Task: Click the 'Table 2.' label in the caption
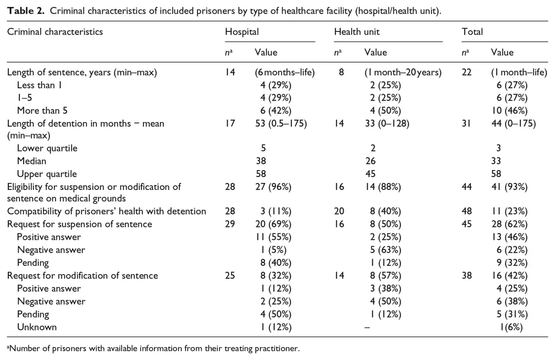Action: (26, 11)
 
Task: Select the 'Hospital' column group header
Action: (242, 32)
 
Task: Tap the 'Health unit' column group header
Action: (357, 32)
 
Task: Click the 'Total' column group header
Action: (472, 32)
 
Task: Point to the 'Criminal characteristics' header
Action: (55, 32)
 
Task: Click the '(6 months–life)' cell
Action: (285, 72)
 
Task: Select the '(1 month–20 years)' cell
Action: (403, 72)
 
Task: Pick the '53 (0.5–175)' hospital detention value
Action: (281, 123)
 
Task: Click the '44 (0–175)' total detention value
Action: (514, 123)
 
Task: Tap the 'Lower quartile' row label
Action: (47, 148)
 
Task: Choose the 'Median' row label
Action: (31, 161)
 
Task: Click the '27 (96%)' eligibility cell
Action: (273, 187)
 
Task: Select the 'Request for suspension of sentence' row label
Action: (80, 224)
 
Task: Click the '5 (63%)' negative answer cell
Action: (386, 250)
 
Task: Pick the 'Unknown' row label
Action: (37, 327)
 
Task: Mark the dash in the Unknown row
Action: (367, 328)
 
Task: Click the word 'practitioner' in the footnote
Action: (277, 348)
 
